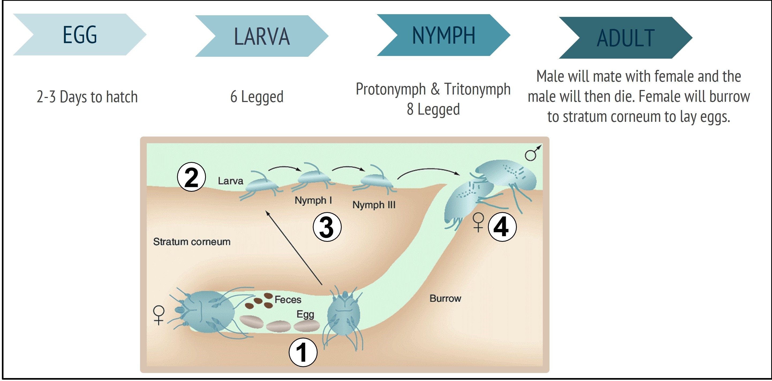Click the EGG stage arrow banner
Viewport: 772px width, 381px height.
click(80, 35)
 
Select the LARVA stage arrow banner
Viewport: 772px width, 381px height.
click(262, 36)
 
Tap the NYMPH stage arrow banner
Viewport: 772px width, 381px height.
click(443, 35)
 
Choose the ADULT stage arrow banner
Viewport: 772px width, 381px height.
click(626, 38)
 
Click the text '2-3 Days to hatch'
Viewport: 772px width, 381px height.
click(87, 97)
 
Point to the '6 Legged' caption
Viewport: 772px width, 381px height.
click(257, 97)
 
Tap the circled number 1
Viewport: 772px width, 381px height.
click(303, 352)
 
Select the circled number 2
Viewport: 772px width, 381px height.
click(191, 177)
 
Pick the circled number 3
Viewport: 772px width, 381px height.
click(327, 227)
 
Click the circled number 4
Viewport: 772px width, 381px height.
click(502, 227)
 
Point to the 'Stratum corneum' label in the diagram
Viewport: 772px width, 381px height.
click(192, 242)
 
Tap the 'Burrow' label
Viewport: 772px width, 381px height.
click(445, 298)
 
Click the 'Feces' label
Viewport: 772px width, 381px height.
click(288, 299)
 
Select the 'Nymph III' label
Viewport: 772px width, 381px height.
click(374, 205)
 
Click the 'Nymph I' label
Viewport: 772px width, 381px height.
click(313, 200)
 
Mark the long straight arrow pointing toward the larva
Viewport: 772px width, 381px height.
click(294, 247)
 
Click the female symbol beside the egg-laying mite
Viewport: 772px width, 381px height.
click(159, 315)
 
